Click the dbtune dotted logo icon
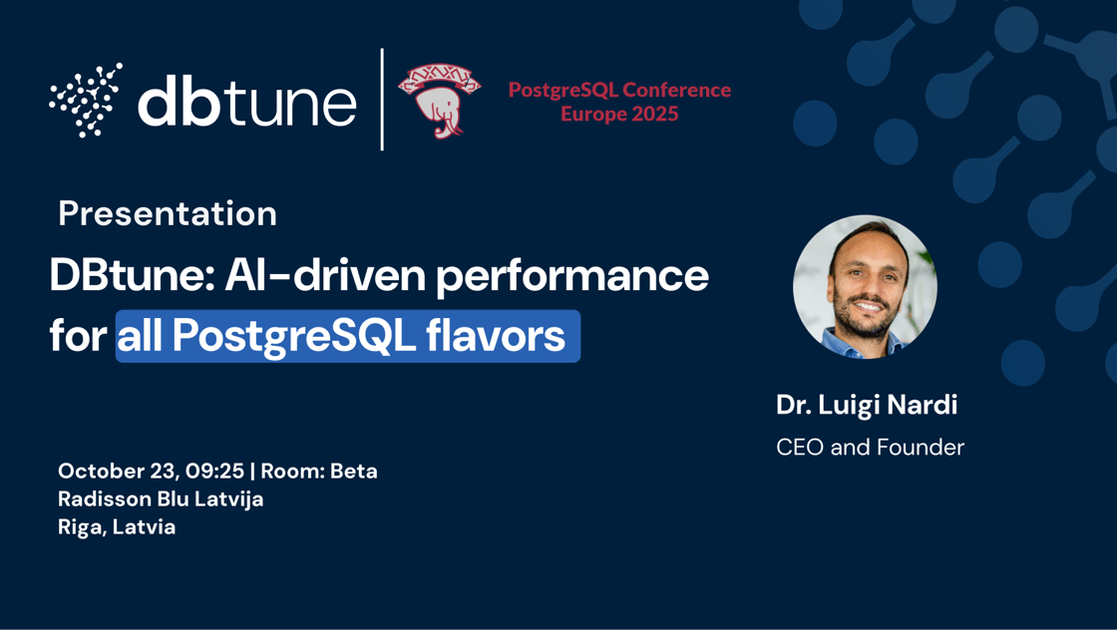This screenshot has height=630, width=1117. pyautogui.click(x=86, y=100)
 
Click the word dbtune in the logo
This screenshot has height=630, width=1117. pyautogui.click(x=246, y=101)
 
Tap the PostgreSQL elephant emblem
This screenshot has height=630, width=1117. pyautogui.click(x=439, y=100)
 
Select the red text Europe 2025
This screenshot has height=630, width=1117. pyautogui.click(x=618, y=115)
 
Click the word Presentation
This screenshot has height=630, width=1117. pyautogui.click(x=168, y=213)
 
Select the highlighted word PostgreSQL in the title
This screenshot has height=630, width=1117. pyautogui.click(x=293, y=337)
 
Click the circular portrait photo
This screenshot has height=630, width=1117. pyautogui.click(x=865, y=287)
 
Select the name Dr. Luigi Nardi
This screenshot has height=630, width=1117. pyautogui.click(x=867, y=405)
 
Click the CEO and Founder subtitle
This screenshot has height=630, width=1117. pyautogui.click(x=870, y=448)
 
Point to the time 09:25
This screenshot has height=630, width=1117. pyautogui.click(x=214, y=471)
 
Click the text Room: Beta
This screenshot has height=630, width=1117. pyautogui.click(x=319, y=471)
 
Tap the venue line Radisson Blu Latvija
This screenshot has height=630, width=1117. pyautogui.click(x=161, y=498)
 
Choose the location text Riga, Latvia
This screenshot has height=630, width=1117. pyautogui.click(x=117, y=526)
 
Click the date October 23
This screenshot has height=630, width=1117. pyautogui.click(x=118, y=471)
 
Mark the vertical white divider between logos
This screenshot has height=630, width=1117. pyautogui.click(x=382, y=100)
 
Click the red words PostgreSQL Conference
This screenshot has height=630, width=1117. pyautogui.click(x=619, y=90)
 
